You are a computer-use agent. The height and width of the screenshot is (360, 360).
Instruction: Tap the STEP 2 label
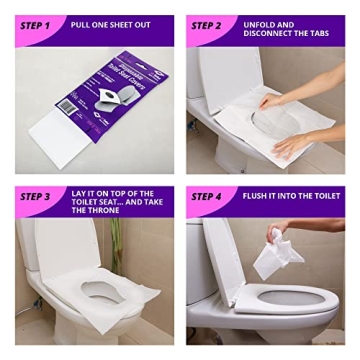[207, 25]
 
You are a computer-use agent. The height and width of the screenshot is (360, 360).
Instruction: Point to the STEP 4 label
[207, 197]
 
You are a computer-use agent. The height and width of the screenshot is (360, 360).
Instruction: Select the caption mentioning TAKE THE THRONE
[103, 201]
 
